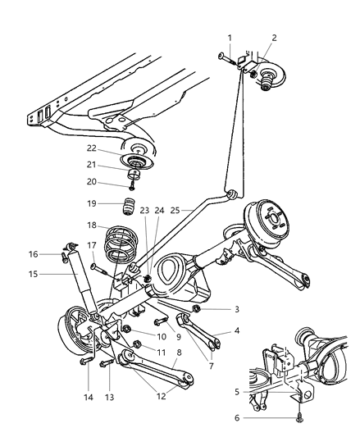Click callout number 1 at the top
[x=230, y=38]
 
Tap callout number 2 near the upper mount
[x=274, y=38]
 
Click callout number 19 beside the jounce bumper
[x=93, y=203]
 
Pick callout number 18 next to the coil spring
[x=93, y=225]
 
